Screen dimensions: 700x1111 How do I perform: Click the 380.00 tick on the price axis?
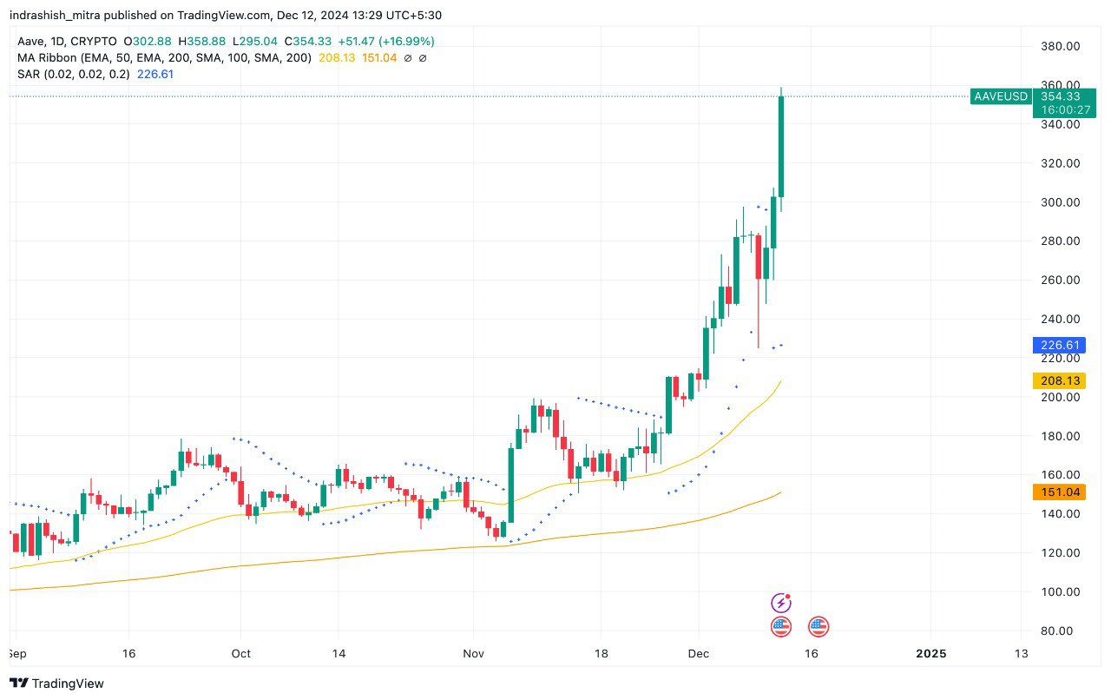[1060, 46]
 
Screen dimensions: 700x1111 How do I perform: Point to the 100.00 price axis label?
[1060, 592]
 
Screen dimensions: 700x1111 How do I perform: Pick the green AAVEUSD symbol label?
[1001, 96]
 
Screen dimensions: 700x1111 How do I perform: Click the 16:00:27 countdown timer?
[1056, 110]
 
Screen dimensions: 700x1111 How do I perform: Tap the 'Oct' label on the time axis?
[241, 653]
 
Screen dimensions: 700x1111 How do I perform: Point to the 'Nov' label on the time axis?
[473, 653]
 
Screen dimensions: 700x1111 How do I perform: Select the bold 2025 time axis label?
[931, 653]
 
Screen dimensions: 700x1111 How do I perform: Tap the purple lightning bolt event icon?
[781, 603]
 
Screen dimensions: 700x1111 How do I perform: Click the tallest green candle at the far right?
[781, 146]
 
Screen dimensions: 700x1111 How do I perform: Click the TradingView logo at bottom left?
[57, 683]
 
